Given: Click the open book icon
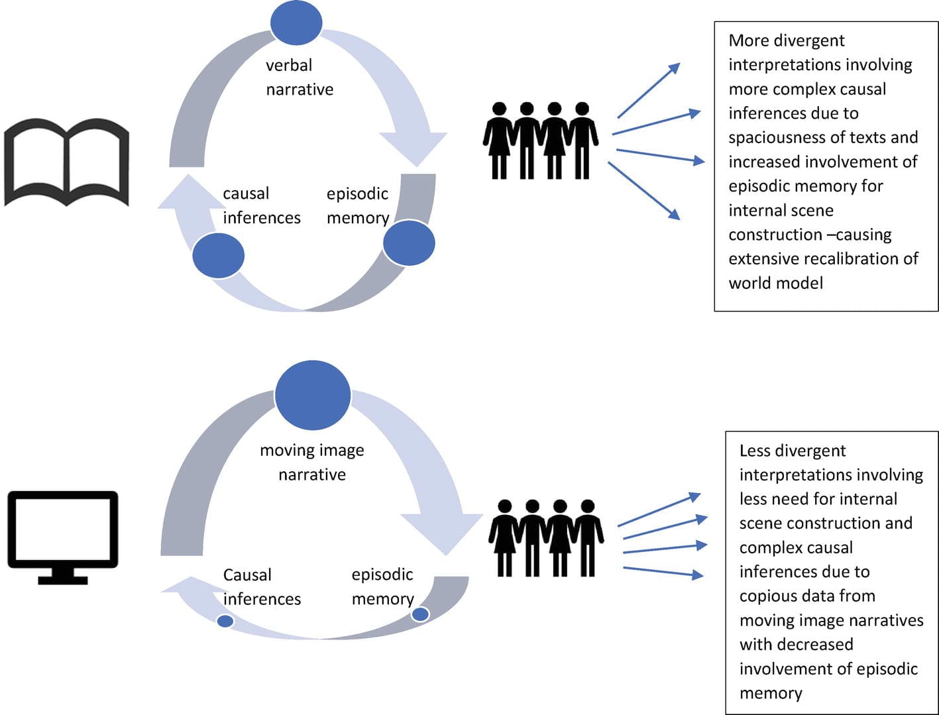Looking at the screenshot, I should coord(66,162).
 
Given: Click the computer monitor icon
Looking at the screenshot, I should coord(63,537).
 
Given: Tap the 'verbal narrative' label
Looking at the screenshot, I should coord(299,78).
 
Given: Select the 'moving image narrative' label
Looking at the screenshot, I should coord(312,462).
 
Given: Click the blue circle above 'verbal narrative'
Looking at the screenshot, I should coord(296,23).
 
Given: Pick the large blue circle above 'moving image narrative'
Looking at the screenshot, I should coord(312,396).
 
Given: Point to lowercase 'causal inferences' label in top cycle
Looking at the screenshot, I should coord(261,205).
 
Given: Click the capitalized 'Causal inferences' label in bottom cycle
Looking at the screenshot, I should coord(262,586).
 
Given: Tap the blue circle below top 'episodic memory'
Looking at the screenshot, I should coord(409,243).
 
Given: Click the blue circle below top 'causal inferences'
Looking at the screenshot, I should coord(218,256).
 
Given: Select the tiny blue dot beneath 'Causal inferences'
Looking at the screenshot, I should coord(225,621).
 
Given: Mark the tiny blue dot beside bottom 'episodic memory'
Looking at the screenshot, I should coord(420,614).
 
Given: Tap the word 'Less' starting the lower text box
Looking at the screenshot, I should coord(754,451).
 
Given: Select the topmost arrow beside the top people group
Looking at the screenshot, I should coord(649,90).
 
